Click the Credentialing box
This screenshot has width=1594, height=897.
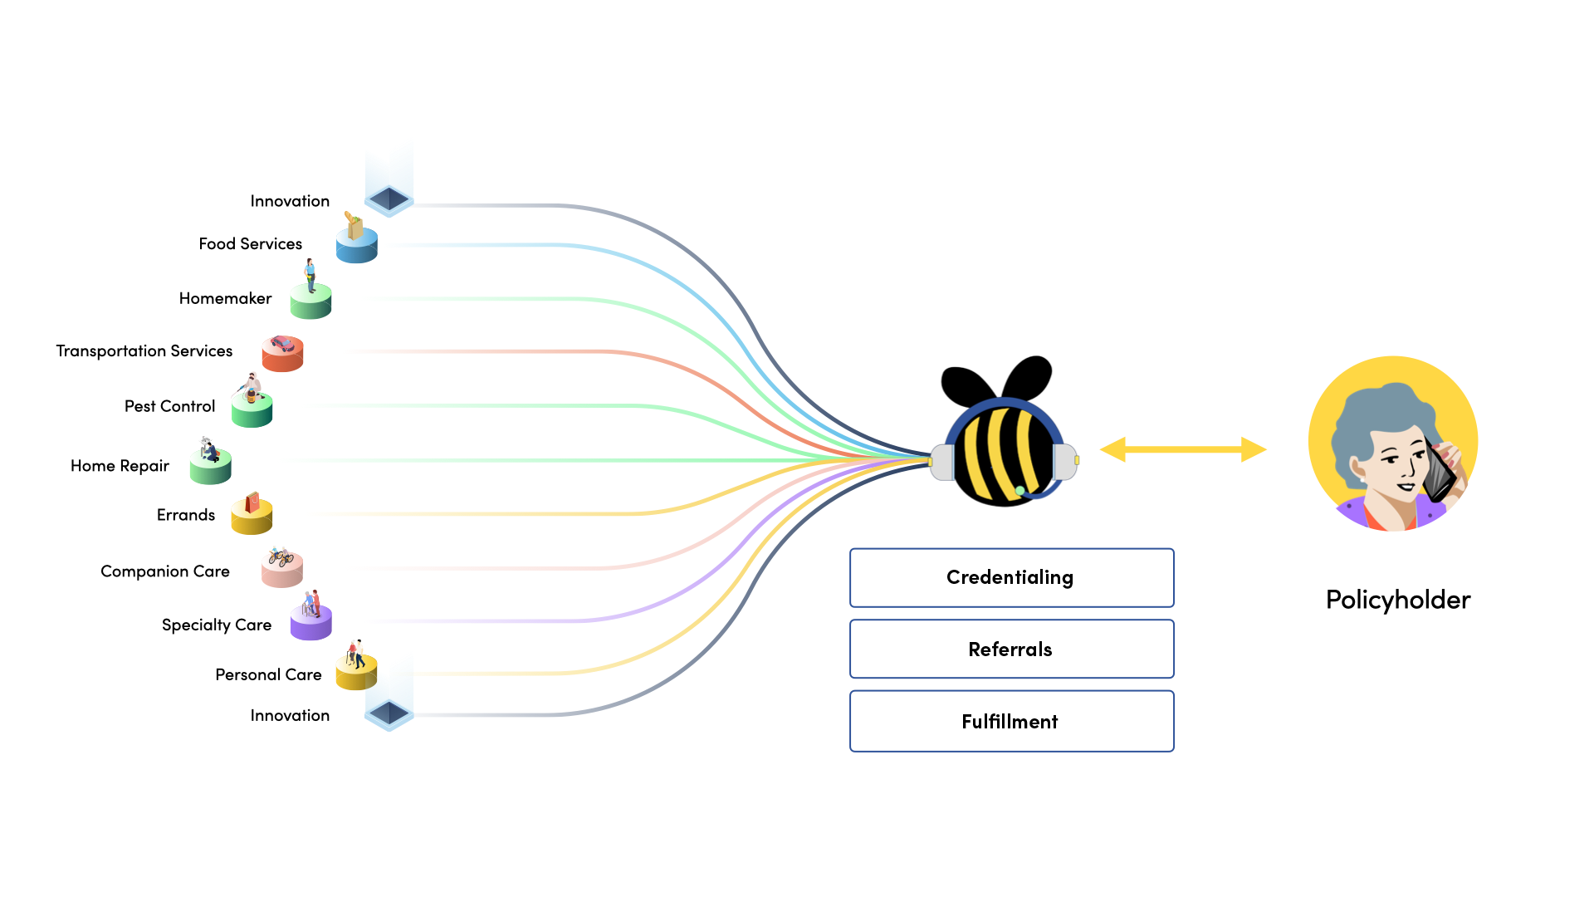(x=1011, y=577)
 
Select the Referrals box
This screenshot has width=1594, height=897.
(x=1011, y=649)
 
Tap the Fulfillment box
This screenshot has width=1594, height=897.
(x=1011, y=722)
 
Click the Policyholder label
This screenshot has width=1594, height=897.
(x=1397, y=600)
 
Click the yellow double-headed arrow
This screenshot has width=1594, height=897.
(x=1183, y=449)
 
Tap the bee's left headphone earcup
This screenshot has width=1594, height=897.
(x=941, y=462)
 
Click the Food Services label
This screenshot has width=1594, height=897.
(x=250, y=244)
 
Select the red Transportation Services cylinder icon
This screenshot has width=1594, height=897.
(x=282, y=355)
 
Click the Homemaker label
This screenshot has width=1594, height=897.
(x=225, y=298)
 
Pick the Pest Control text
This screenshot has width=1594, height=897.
(x=169, y=406)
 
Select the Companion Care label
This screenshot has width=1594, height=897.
(x=164, y=571)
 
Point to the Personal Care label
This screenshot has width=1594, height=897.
(x=267, y=674)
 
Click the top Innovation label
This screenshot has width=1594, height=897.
(x=290, y=201)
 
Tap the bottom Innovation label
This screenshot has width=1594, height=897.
(x=290, y=715)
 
